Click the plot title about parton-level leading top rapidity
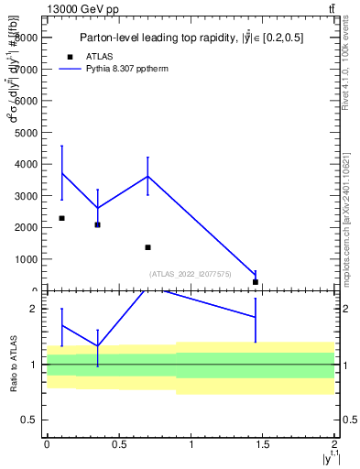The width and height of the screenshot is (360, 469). point(191,38)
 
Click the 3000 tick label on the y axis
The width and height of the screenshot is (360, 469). point(26,196)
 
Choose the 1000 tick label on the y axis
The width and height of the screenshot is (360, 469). point(26,259)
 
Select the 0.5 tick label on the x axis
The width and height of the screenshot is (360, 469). point(118,446)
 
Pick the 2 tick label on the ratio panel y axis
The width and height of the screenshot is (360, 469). point(33,309)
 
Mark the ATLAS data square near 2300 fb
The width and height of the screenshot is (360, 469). point(61,218)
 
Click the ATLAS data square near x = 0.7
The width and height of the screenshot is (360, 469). point(147,247)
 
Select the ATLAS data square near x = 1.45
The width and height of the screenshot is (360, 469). point(256,281)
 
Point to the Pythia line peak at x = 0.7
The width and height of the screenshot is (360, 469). point(147,176)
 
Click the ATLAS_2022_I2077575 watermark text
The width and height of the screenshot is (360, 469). point(191,274)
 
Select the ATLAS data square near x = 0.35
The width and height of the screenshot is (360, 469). point(97,224)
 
